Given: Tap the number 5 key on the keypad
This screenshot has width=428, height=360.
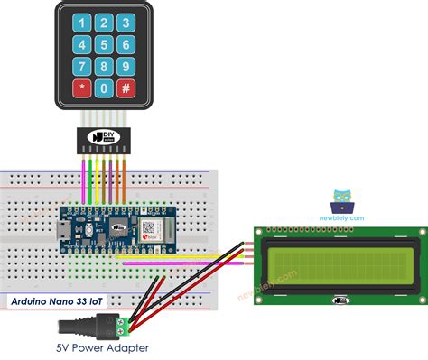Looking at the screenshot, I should (x=104, y=43).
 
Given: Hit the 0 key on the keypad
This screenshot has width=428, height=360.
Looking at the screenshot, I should (x=104, y=88).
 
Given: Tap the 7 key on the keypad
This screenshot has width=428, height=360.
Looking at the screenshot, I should (x=81, y=66).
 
